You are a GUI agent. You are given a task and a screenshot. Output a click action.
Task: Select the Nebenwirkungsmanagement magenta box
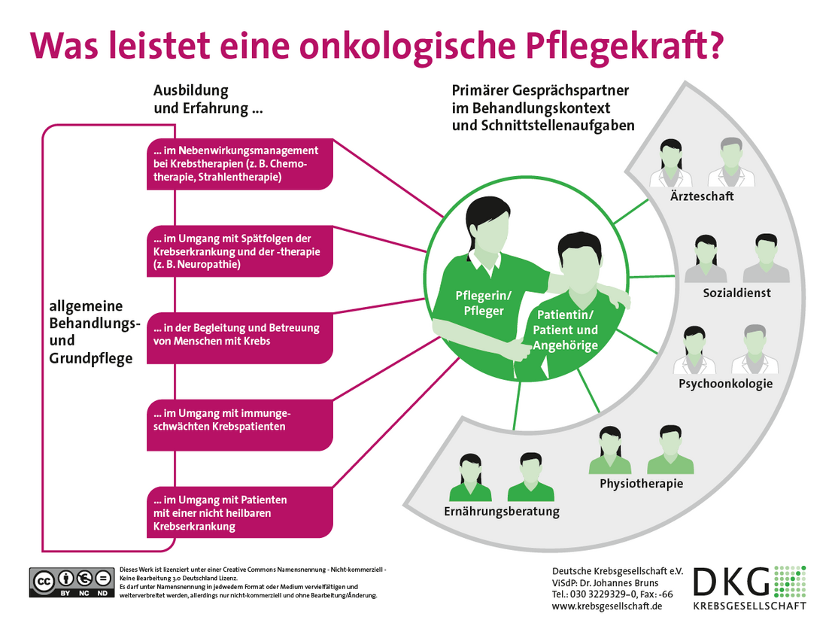tap(239, 164)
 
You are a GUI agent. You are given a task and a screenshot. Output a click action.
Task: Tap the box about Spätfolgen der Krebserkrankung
tap(239, 251)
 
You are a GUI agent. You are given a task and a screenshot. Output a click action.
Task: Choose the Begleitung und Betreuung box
tap(239, 335)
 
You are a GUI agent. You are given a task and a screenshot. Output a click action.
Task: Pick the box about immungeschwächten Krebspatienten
tap(239, 420)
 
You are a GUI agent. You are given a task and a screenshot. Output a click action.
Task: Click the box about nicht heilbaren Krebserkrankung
tap(239, 512)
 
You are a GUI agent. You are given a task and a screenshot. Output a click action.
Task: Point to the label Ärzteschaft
tap(702, 196)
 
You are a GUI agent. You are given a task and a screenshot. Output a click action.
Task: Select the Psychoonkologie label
tap(725, 384)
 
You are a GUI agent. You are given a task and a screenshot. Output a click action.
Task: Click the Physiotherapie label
tap(641, 483)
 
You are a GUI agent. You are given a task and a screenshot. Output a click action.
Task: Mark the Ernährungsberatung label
tap(501, 512)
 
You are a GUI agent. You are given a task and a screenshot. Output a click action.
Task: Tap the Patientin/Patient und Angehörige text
tap(565, 330)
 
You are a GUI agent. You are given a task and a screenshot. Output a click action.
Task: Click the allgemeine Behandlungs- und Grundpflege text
tap(95, 332)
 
